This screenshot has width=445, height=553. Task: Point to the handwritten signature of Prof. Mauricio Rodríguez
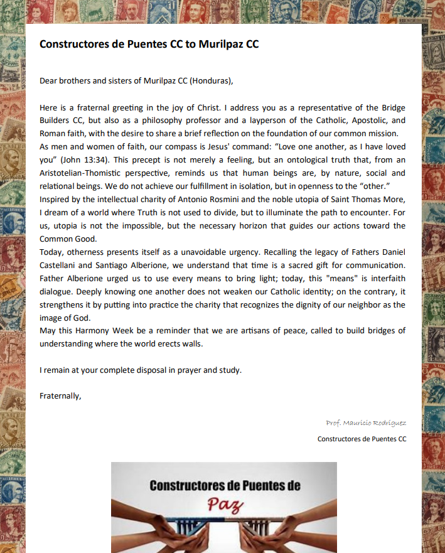coord(366,422)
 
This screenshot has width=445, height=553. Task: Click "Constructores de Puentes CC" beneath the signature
coord(362,439)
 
